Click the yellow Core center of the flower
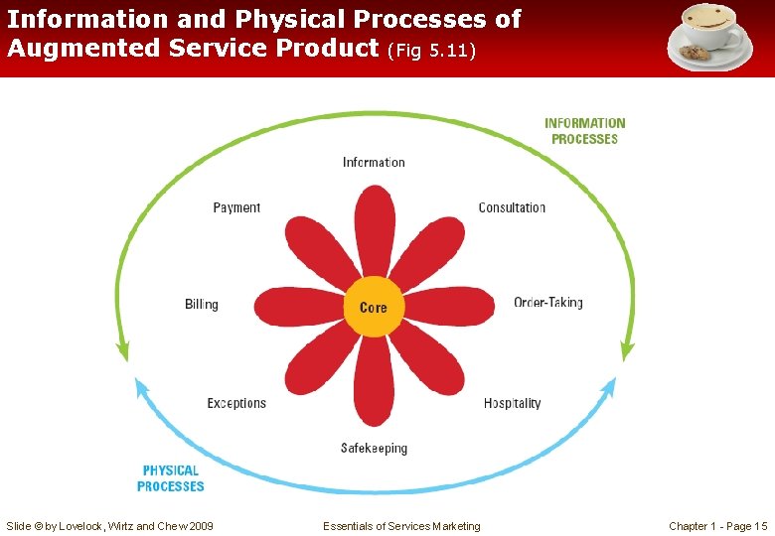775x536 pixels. point(374,308)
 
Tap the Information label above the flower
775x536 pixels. point(374,162)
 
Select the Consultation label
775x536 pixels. point(512,207)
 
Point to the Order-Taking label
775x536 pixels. point(547,303)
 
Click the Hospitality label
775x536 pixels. point(512,403)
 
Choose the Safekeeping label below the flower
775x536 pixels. point(374,449)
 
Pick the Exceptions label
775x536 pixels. point(236,403)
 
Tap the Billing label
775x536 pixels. point(201,304)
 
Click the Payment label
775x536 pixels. point(236,207)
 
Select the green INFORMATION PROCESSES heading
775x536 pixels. point(584,131)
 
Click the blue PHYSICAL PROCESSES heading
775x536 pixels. point(170,478)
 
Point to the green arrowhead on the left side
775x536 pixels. point(122,349)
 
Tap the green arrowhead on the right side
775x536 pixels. point(627,349)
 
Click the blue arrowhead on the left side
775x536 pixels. point(141,388)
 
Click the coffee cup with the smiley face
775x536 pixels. point(709,36)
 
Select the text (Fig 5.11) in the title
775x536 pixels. point(431,50)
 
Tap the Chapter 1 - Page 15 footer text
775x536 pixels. point(717,526)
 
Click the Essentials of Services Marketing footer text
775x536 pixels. point(401,526)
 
